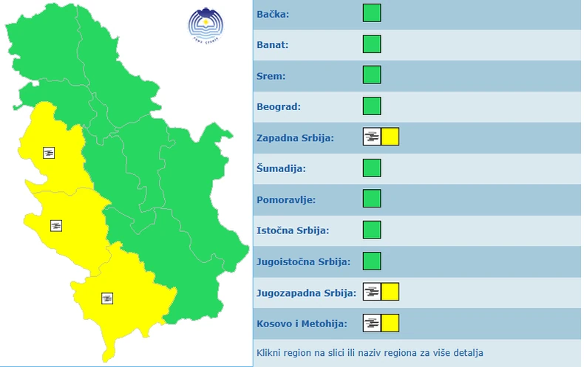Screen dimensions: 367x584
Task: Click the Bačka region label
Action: click(x=272, y=14)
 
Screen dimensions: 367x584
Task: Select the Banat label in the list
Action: click(x=272, y=45)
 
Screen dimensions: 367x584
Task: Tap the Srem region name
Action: click(x=271, y=76)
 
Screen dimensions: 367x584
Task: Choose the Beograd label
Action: click(x=278, y=107)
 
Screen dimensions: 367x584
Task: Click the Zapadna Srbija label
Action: click(x=295, y=138)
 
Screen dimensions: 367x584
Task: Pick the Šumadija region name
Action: click(x=281, y=169)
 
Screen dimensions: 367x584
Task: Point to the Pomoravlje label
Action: click(x=285, y=200)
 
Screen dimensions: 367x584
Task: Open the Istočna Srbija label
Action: click(x=293, y=230)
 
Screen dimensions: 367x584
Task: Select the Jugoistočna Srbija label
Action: click(x=303, y=262)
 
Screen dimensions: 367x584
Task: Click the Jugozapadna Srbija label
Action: click(x=306, y=293)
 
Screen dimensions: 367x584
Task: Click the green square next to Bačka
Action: click(x=372, y=13)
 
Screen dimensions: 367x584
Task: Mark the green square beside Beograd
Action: click(x=372, y=106)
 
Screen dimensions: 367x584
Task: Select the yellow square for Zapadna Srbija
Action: click(x=390, y=137)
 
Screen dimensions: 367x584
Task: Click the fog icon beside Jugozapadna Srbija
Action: click(x=372, y=292)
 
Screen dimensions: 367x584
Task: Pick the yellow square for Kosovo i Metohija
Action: click(x=390, y=323)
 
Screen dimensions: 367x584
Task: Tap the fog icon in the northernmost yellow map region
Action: click(x=50, y=153)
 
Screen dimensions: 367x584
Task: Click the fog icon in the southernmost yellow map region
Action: click(x=108, y=298)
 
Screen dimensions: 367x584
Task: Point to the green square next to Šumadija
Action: click(x=372, y=168)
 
